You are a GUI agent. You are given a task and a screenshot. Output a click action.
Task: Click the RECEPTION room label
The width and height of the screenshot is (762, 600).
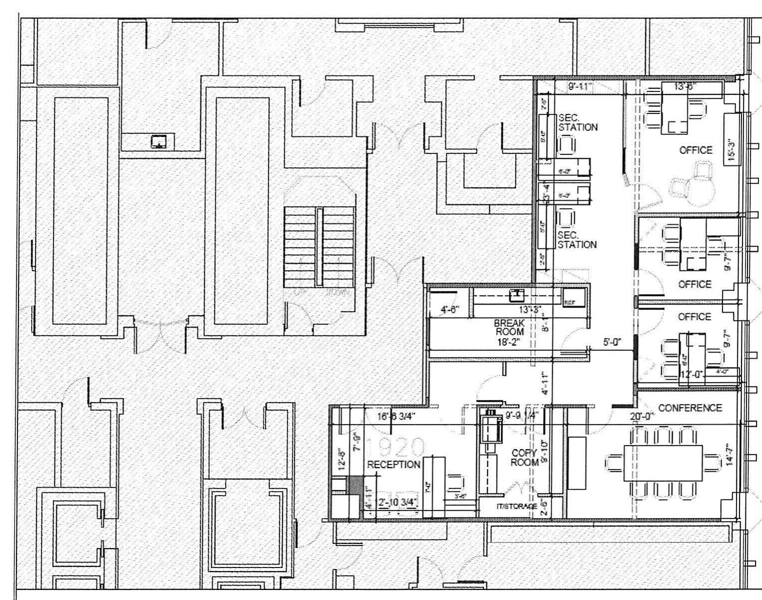pos(393,464)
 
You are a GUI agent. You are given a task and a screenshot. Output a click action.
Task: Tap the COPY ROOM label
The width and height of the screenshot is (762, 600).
pos(524,457)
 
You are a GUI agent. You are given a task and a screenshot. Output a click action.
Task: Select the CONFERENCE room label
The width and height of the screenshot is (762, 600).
pos(690,408)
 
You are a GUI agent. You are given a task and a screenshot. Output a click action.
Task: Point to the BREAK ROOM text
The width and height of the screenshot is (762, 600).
pos(509,327)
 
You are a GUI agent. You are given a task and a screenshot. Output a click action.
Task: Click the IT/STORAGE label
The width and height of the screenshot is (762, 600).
pos(517,506)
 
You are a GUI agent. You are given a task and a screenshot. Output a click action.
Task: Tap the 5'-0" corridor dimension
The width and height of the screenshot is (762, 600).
pos(612,342)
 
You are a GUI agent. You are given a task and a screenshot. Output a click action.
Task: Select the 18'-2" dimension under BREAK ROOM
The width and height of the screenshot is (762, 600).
pos(509,342)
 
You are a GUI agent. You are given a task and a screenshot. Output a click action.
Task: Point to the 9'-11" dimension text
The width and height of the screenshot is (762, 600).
pos(580,87)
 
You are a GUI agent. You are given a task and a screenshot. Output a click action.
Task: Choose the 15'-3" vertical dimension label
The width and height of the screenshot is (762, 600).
pos(731,150)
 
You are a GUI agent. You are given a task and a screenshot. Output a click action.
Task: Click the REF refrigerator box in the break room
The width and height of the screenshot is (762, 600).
pos(569,302)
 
